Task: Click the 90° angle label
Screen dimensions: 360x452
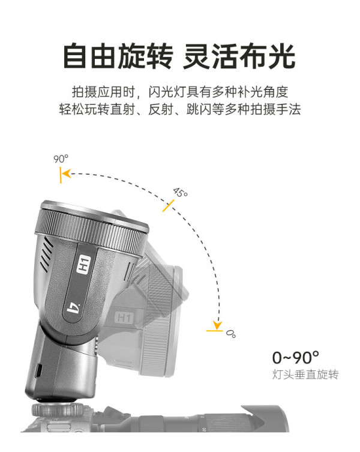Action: pos(61,158)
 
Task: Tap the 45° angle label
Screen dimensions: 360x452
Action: pos(181,192)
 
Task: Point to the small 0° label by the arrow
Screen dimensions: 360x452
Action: pos(230,334)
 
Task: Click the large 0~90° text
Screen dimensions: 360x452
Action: pos(295,357)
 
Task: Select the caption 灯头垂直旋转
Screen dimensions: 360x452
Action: pos(305,375)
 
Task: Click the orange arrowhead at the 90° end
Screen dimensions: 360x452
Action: pos(66,174)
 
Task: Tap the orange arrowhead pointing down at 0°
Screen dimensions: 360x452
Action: pos(217,325)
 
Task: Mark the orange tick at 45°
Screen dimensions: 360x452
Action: pos(169,205)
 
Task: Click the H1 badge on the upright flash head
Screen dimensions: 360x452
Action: pos(84,264)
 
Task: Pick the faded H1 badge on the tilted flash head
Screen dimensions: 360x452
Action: pos(124,318)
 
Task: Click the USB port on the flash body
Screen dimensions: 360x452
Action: pos(39,370)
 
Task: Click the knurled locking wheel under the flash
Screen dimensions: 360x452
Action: pos(58,410)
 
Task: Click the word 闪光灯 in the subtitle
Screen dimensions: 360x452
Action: pos(167,92)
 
